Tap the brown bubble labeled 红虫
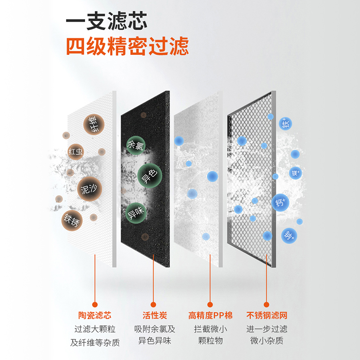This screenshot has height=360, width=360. [x=76, y=151]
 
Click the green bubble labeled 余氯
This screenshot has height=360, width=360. [x=135, y=145]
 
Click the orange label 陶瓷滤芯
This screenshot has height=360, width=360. [x=95, y=315]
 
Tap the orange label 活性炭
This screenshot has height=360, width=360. [x=153, y=315]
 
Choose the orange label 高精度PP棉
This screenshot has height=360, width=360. [x=210, y=315]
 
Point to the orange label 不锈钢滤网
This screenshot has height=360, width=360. [x=267, y=315]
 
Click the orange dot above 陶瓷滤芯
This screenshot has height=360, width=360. [x=95, y=304]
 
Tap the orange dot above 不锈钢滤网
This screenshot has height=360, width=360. [x=267, y=304]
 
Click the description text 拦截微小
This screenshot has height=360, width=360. [x=210, y=329]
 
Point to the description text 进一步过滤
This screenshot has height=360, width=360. [x=267, y=329]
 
